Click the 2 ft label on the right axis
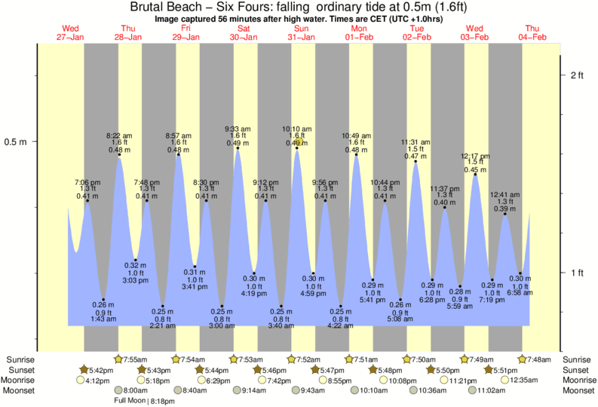577,75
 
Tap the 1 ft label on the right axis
577,273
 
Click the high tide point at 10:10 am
297,148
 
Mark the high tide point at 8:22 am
119,156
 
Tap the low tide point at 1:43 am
103,300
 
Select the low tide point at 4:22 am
341,306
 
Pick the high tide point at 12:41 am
505,214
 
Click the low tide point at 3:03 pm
136,261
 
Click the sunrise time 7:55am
134,359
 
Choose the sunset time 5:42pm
97,370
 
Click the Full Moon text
128,401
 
